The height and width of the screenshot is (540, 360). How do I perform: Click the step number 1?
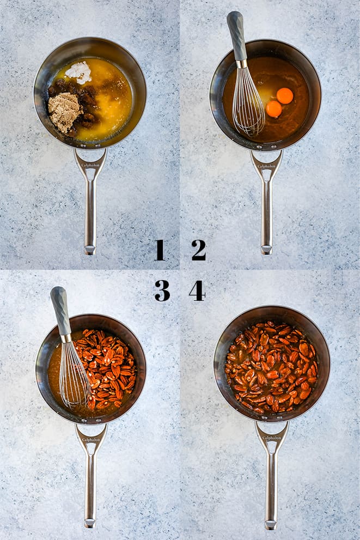(160, 250)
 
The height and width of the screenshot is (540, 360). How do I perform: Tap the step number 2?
(199, 250)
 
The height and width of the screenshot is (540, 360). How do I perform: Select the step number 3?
(162, 290)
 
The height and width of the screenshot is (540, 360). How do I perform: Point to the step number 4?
(197, 290)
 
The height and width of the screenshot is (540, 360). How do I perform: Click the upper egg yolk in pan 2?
(285, 96)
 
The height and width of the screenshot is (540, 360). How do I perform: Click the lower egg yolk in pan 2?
(274, 109)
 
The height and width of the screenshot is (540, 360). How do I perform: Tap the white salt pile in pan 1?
(78, 72)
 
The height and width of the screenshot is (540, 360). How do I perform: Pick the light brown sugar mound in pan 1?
(64, 112)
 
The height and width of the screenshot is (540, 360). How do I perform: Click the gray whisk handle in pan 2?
(236, 36)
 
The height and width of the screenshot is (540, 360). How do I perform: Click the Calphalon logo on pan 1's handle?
(90, 165)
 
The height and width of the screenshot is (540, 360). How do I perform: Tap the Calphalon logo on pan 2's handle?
(266, 166)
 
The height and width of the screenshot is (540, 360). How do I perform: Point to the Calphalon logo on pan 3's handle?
(91, 440)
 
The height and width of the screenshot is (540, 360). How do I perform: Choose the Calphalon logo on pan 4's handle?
(272, 438)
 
